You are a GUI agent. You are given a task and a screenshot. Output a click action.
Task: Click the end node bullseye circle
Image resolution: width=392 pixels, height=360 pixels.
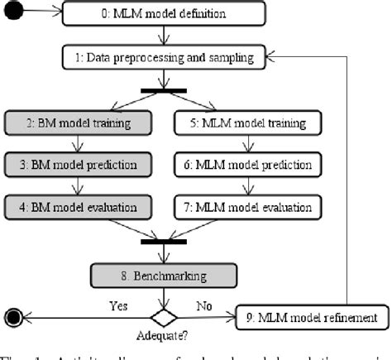coord(13,317)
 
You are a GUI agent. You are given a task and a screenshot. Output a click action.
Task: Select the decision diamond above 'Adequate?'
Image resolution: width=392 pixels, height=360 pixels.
coord(164,317)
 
